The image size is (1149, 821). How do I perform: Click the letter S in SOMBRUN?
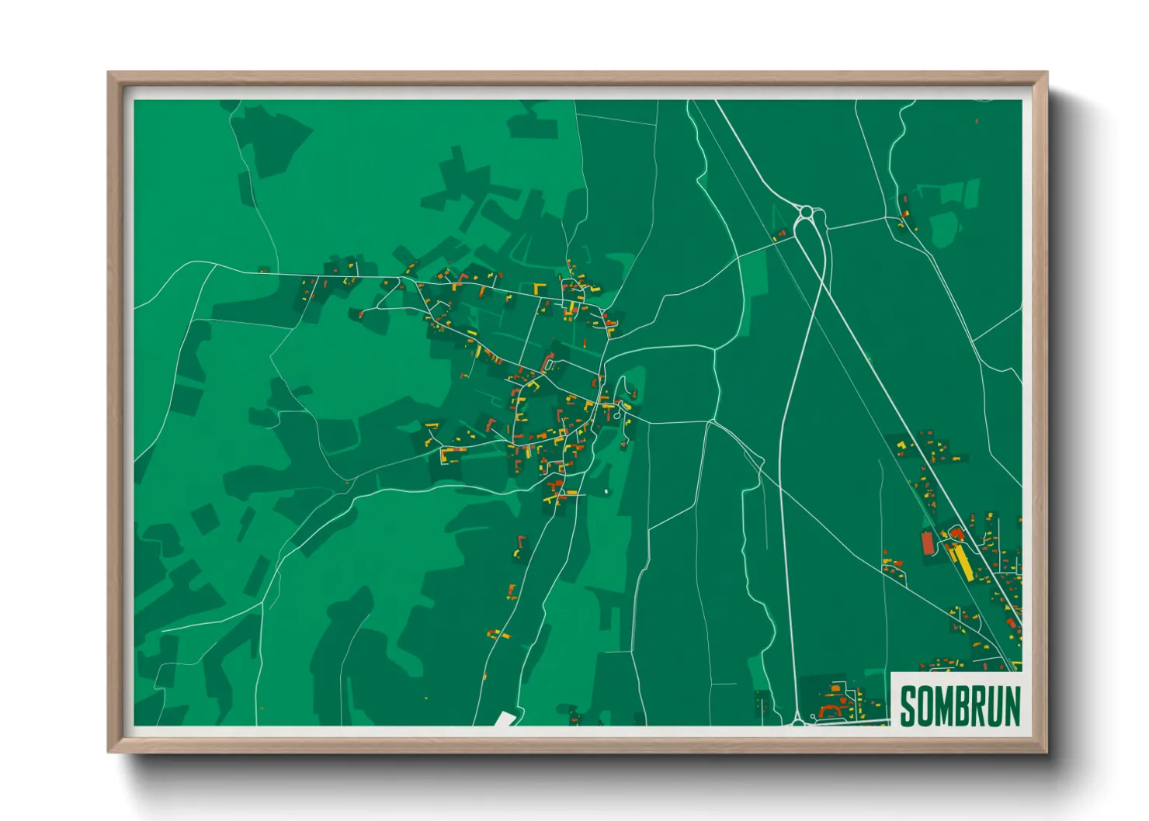(x=909, y=706)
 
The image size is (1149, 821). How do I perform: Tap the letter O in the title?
(x=927, y=706)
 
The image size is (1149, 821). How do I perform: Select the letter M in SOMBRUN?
(x=946, y=706)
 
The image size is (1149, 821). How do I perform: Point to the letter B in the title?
(x=964, y=706)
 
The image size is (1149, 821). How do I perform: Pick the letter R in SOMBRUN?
(x=981, y=706)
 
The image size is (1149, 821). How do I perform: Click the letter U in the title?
(x=997, y=706)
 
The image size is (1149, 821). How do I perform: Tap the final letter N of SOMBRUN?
(x=1013, y=706)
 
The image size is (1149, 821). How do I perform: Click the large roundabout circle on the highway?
(x=807, y=211)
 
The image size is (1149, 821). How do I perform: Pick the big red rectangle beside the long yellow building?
(x=928, y=542)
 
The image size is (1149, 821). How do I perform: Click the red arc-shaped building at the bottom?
(x=832, y=709)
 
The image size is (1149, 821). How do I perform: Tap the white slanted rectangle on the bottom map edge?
(x=505, y=719)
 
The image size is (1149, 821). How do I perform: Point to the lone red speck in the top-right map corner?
(x=976, y=121)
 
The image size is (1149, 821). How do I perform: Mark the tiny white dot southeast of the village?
(x=606, y=490)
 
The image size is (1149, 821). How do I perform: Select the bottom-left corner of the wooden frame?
(x=109, y=750)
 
